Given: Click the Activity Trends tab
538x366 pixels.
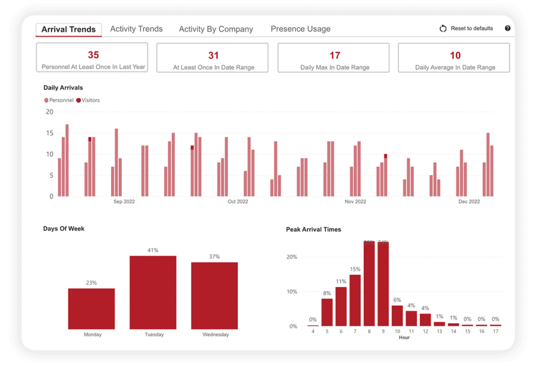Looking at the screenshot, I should tap(136, 29).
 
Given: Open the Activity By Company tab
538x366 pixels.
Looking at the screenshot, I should tap(216, 29).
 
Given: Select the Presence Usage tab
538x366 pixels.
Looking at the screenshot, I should tap(301, 29).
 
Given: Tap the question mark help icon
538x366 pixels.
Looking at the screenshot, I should tap(508, 28).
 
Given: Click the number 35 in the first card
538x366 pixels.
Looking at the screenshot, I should tap(93, 55).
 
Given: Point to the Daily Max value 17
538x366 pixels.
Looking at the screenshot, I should tap(335, 55).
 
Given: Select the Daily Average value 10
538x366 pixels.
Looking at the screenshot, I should tap(455, 55).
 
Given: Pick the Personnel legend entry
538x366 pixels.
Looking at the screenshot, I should tap(59, 100).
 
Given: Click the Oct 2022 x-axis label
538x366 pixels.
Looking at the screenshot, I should tap(238, 201).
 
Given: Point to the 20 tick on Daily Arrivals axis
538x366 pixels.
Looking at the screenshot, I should tap(50, 111).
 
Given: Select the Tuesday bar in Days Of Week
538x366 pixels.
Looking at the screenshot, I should tap(153, 292).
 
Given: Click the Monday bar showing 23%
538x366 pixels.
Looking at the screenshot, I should tap(91, 308).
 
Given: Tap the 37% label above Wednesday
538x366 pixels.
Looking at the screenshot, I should tap(214, 257).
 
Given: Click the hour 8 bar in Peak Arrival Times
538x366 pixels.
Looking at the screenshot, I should tap(369, 284).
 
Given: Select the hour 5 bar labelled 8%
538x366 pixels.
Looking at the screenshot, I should tap(327, 312).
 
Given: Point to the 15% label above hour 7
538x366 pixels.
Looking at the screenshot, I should tap(355, 269).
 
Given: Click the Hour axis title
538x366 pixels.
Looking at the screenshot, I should tap(403, 337).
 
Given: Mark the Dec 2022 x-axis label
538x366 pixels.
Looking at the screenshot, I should tap(469, 201).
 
